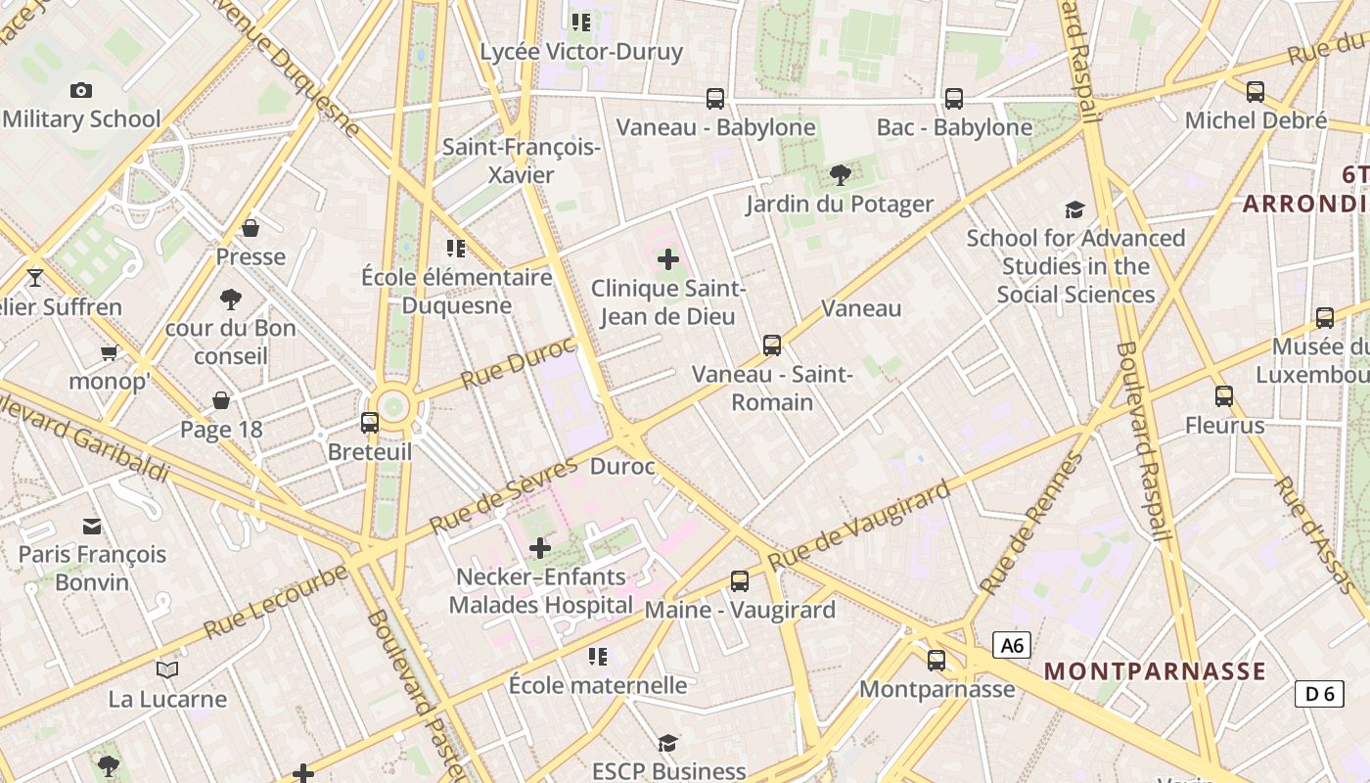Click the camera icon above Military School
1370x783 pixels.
(81, 91)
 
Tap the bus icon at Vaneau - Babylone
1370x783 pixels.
(715, 99)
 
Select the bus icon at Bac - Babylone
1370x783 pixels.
(953, 99)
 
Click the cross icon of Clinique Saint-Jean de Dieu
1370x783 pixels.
(668, 259)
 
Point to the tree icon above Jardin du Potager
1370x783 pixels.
(840, 175)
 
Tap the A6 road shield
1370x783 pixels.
(1012, 645)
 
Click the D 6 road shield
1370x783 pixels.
(1318, 694)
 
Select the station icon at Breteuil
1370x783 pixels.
(370, 423)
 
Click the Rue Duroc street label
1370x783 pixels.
(518, 362)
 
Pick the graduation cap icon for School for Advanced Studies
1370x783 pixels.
(1074, 209)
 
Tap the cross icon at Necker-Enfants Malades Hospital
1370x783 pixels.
(539, 548)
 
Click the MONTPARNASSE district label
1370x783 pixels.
(1155, 671)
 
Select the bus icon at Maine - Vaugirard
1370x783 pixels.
(740, 581)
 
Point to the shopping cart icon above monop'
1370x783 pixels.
(109, 352)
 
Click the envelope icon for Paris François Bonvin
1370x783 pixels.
(92, 526)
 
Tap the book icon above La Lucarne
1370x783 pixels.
(167, 670)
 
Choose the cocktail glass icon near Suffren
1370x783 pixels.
(35, 278)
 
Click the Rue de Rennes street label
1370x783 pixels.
(1032, 524)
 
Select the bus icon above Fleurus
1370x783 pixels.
(1223, 396)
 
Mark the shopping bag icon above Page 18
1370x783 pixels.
(221, 400)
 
